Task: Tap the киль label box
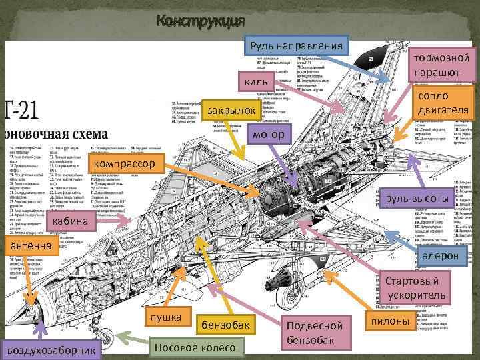point(256,81)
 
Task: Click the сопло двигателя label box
point(443,102)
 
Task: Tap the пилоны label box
point(393,322)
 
